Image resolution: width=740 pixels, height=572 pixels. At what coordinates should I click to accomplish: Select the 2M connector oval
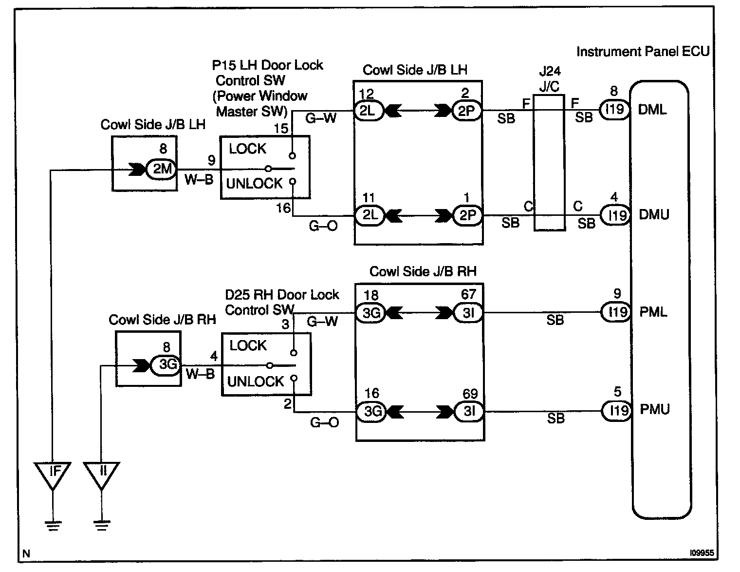162,169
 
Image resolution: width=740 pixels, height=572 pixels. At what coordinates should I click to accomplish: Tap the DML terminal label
652,110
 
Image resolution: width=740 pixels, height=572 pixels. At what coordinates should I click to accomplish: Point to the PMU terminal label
654,409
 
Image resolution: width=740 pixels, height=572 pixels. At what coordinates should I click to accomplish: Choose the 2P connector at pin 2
466,112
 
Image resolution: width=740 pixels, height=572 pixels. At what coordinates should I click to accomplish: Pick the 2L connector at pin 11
370,215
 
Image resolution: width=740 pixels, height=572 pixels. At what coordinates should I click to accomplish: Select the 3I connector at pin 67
468,313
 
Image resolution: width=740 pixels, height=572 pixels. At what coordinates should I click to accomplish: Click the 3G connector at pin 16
371,412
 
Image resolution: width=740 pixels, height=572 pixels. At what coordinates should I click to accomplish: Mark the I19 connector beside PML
616,312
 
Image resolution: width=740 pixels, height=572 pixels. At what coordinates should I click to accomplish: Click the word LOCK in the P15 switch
247,149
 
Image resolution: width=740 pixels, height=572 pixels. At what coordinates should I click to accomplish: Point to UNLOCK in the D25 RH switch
255,381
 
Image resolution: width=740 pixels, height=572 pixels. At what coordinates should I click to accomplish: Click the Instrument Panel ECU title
643,52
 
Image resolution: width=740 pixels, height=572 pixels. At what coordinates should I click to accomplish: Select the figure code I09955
702,553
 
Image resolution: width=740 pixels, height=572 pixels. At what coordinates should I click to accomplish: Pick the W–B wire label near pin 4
200,374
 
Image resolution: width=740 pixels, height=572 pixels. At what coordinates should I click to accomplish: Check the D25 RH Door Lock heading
282,295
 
